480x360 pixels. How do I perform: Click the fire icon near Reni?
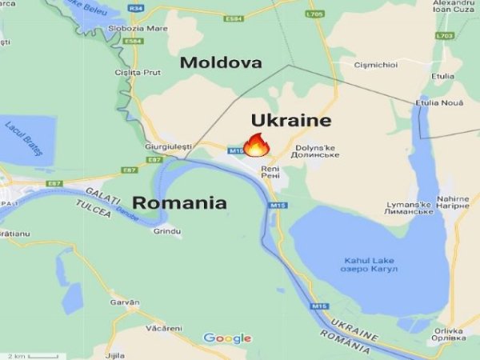tap(256, 145)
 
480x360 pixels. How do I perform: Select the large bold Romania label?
tap(179, 202)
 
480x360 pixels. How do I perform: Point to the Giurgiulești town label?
tap(169, 146)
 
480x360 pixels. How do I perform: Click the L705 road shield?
tap(314, 14)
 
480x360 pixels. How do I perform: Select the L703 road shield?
tap(445, 36)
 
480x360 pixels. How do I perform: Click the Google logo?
tap(227, 338)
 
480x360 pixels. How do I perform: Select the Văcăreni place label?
tap(164, 329)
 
